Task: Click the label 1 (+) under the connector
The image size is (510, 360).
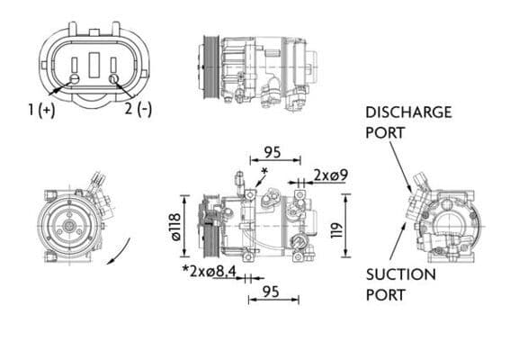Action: (x=40, y=110)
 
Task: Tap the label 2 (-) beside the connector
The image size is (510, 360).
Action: (x=138, y=110)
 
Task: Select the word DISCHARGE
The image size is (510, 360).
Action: (x=407, y=112)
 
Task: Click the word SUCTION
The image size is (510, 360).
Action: (x=400, y=274)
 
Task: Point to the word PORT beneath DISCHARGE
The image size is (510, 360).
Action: (x=385, y=132)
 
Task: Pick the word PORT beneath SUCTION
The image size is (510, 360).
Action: (x=385, y=294)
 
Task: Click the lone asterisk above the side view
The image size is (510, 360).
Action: (x=264, y=170)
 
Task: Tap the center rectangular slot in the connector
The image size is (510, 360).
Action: (x=94, y=64)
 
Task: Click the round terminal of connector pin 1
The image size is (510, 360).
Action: (x=75, y=79)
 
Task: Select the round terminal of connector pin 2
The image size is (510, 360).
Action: (x=113, y=79)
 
